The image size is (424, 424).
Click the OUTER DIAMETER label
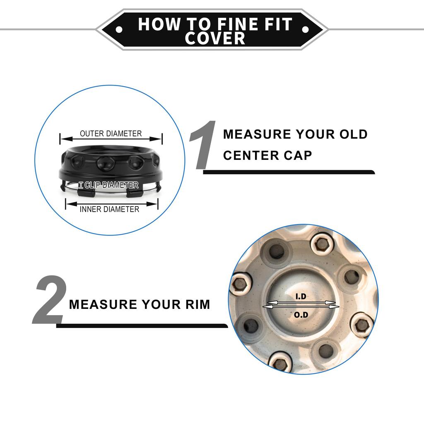[x=111, y=134]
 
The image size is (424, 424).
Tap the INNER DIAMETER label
[x=109, y=209]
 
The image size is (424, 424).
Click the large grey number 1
[x=203, y=145]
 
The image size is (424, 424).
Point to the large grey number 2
[x=50, y=299]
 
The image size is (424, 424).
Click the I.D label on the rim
[x=301, y=296]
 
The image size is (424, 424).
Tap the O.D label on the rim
[x=301, y=315]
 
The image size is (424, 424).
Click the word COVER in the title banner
[x=215, y=38]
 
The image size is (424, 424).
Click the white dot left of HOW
[x=119, y=29]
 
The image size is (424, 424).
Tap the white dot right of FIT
[x=305, y=29]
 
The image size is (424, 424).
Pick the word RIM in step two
[x=198, y=304]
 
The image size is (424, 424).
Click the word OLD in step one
[x=354, y=135]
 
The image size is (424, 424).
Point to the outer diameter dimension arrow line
[x=111, y=139]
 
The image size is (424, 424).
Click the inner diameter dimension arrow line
[x=112, y=204]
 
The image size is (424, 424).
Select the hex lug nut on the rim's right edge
[x=361, y=325]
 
